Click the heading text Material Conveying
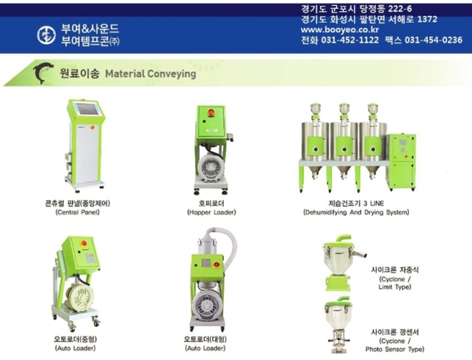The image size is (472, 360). click(x=150, y=74)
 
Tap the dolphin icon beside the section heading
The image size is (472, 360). click(x=44, y=73)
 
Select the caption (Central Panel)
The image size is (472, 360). click(x=77, y=212)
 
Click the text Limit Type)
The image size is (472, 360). click(x=394, y=286)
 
